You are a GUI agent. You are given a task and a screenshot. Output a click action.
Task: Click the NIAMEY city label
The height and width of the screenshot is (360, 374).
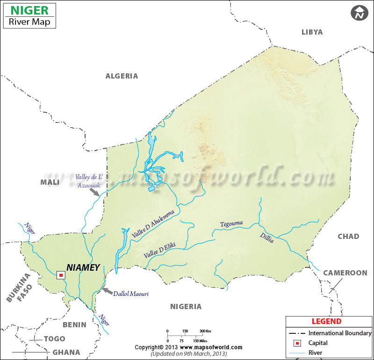coord(83,268)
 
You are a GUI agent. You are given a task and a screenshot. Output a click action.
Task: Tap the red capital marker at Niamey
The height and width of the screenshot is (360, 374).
coord(61,275)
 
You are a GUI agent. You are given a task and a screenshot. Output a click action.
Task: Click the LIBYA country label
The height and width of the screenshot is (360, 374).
coord(312,32)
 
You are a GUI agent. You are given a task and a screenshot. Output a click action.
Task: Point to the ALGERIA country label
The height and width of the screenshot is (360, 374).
coord(122,76)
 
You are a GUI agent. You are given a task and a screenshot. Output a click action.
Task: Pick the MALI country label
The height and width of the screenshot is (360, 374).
coord(50,182)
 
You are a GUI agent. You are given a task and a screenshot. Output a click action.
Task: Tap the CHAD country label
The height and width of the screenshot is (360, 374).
coord(348,236)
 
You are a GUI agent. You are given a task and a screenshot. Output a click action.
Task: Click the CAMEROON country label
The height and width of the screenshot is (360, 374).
coord(345,273)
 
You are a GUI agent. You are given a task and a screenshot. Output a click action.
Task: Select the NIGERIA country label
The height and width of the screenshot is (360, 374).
coord(186,307)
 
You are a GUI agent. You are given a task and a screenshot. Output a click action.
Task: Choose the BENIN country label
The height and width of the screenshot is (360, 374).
coord(75,324)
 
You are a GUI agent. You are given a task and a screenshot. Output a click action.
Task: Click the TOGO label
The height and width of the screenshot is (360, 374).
coord(54,339)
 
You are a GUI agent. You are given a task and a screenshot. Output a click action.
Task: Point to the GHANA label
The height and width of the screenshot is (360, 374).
coord(66,353)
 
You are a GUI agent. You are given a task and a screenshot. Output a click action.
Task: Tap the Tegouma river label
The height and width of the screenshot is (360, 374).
coord(231,223)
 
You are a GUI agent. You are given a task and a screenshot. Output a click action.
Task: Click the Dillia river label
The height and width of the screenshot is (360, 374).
coord(267,237)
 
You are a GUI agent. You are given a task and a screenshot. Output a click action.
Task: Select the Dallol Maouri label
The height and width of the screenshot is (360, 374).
coord(130,294)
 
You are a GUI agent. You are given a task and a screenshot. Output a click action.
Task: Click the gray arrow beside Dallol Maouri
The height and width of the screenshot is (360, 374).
coord(107,291)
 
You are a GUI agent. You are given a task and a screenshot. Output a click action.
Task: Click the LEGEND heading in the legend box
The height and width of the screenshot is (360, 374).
coord(326,322)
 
